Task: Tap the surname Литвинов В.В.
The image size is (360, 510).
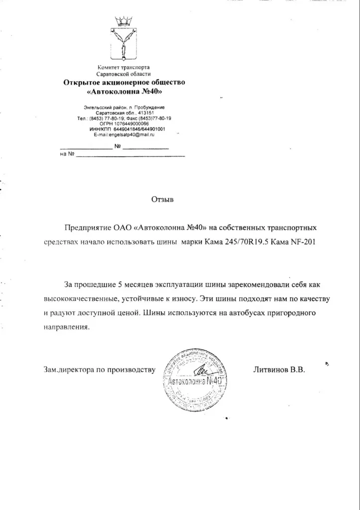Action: pyautogui.click(x=279, y=371)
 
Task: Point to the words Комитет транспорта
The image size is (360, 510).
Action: pyautogui.click(x=123, y=67)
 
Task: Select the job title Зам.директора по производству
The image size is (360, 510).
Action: pyautogui.click(x=100, y=371)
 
